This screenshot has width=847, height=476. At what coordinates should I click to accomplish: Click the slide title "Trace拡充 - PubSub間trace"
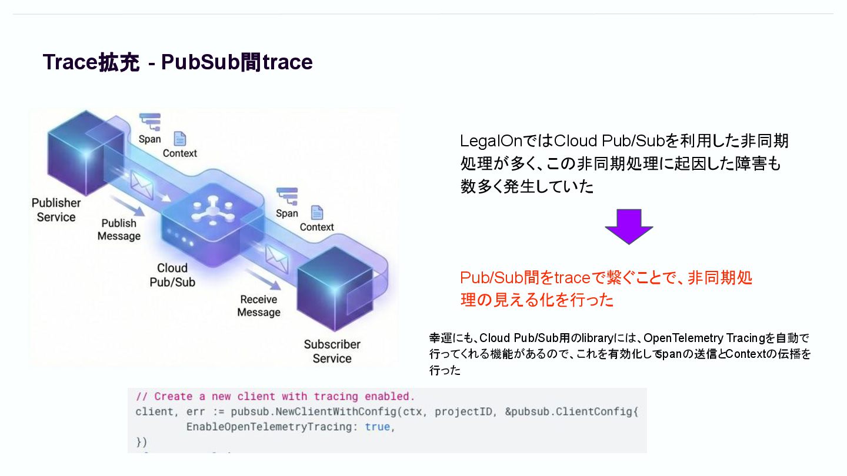(x=178, y=62)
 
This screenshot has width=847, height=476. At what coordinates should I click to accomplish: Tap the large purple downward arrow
(x=629, y=226)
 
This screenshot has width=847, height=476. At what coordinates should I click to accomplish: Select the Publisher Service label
(x=56, y=210)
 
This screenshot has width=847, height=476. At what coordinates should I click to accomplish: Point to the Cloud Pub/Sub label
(x=172, y=275)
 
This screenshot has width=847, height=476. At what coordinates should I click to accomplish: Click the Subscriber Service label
(x=332, y=351)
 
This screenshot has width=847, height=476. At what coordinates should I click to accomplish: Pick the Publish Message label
(x=119, y=230)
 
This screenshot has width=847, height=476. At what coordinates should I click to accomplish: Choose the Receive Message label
(x=258, y=306)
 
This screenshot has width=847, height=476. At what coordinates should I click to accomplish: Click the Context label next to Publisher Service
(x=180, y=153)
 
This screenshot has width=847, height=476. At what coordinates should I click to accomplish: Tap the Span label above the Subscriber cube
(x=287, y=213)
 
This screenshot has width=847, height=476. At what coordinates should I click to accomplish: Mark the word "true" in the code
(x=377, y=427)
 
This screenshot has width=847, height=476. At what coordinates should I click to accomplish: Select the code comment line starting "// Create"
(x=275, y=397)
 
